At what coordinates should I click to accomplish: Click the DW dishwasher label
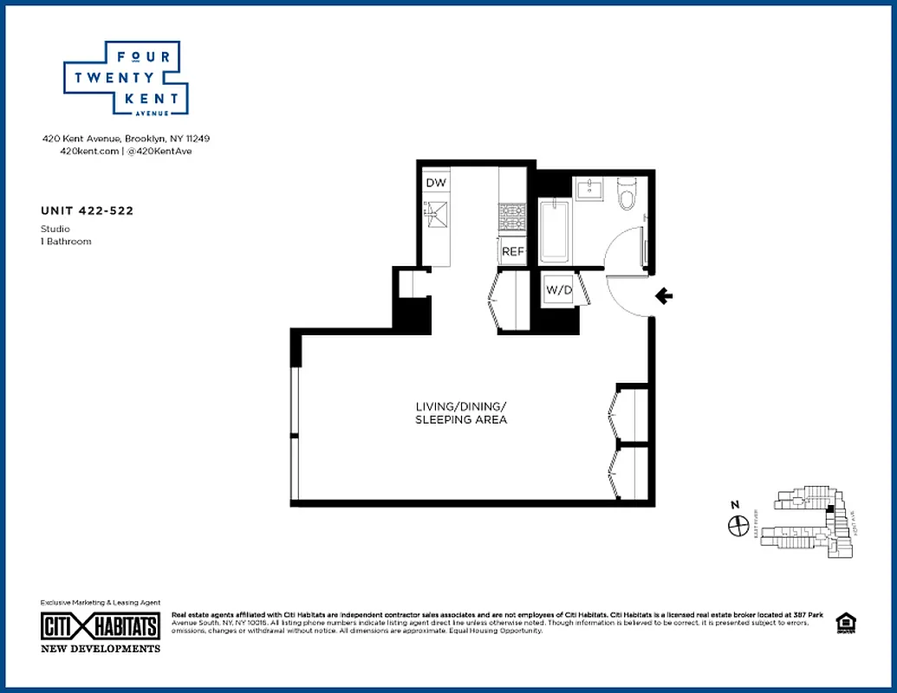point(435,183)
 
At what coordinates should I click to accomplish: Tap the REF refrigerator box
point(511,251)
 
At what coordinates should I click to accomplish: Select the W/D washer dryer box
point(559,290)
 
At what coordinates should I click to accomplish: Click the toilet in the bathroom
point(626,194)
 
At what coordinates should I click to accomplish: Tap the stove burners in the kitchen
point(510,217)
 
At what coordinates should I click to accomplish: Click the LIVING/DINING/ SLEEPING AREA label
point(460,413)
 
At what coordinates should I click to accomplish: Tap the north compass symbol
point(738,524)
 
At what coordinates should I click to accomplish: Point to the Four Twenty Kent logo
point(127,78)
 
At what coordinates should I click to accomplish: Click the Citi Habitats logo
point(101,626)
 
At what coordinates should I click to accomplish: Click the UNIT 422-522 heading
point(87,210)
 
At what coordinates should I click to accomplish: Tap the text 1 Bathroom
point(66,242)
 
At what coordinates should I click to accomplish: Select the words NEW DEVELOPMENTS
point(101,649)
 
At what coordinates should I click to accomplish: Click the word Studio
point(55,230)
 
